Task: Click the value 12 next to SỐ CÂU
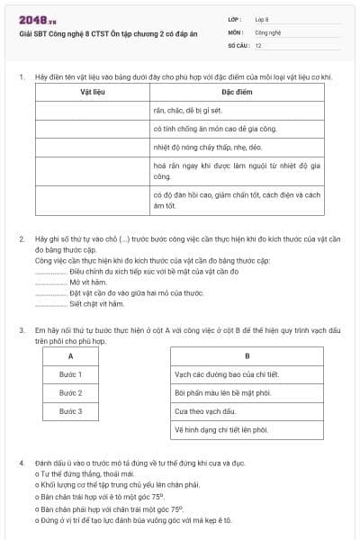pyautogui.click(x=258, y=44)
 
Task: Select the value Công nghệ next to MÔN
pyautogui.click(x=267, y=31)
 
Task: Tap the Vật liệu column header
pyautogui.click(x=93, y=92)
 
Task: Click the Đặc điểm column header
pyautogui.click(x=237, y=92)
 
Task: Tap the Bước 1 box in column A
pyautogui.click(x=70, y=374)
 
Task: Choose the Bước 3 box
pyautogui.click(x=70, y=411)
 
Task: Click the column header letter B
pyautogui.click(x=247, y=355)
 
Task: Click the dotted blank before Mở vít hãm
pyautogui.click(x=50, y=282)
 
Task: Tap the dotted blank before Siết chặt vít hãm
pyautogui.click(x=50, y=303)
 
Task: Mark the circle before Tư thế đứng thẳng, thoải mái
pyautogui.click(x=37, y=472)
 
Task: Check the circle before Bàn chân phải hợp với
pyautogui.click(x=37, y=508)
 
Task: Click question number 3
pyautogui.click(x=22, y=331)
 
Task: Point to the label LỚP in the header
pyautogui.click(x=235, y=19)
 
